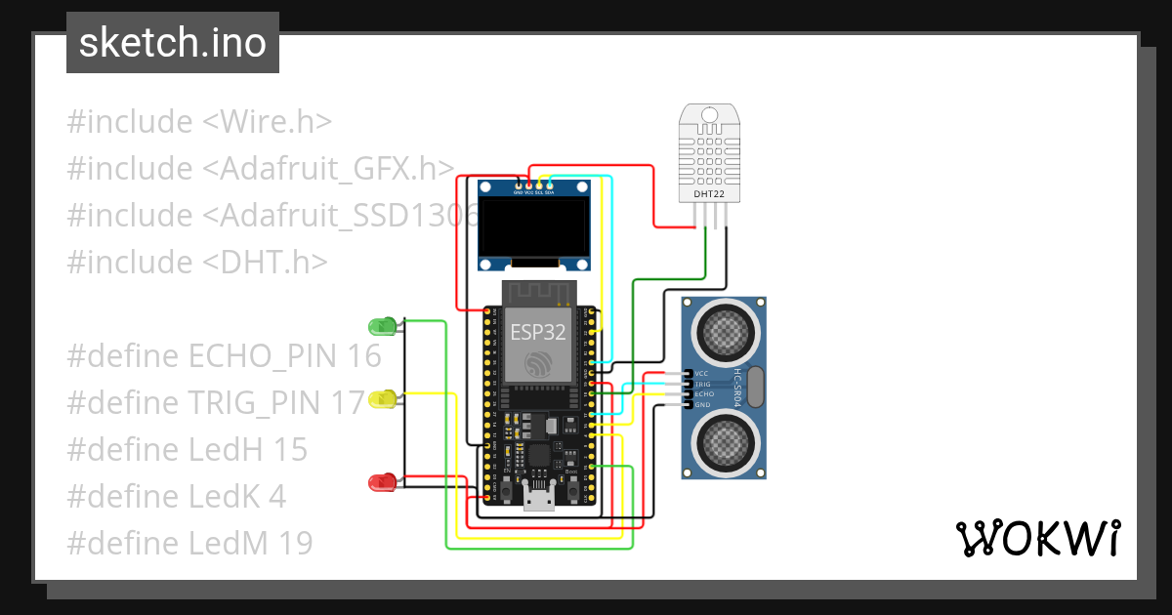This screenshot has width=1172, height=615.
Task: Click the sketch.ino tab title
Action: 173,43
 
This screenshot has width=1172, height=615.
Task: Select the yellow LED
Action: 383,399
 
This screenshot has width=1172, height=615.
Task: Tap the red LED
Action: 381,481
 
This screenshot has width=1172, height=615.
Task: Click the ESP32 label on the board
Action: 535,331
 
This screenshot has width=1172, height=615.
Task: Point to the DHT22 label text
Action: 709,194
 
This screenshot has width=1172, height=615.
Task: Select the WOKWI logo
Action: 1037,538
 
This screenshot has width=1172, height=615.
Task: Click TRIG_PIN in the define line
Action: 257,403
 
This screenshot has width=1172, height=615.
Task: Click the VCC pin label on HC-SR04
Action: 701,374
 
